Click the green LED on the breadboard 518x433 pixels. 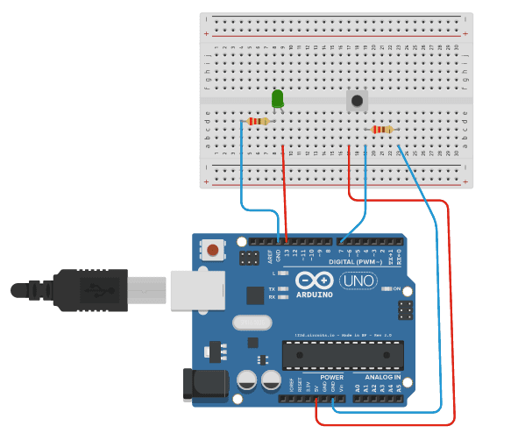pyautogui.click(x=278, y=99)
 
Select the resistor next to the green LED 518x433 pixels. pyautogui.click(x=258, y=121)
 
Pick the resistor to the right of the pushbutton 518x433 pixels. pyautogui.click(x=382, y=130)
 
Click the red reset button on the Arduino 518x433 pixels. pyautogui.click(x=214, y=252)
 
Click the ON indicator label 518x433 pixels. pyautogui.click(x=397, y=288)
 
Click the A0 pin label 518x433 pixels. pyautogui.click(x=358, y=387)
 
